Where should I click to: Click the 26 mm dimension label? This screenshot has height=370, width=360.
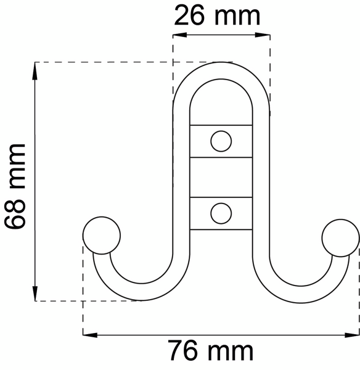coord(217,16)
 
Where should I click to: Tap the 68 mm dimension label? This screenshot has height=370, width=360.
coord(15,186)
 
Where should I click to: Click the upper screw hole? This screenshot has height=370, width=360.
coord(221,141)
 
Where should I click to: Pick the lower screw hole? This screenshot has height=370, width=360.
coord(221,213)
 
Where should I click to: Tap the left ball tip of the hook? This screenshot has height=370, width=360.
coord(102,236)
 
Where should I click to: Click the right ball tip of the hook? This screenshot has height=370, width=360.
coord(341,238)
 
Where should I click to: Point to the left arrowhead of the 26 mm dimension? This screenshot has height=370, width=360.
coord(180,35)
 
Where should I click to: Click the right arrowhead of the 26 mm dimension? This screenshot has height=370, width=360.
coord(263,35)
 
